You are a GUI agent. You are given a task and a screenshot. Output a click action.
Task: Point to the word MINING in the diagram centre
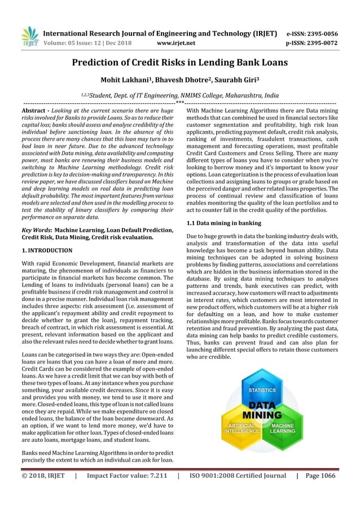click(263, 416)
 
